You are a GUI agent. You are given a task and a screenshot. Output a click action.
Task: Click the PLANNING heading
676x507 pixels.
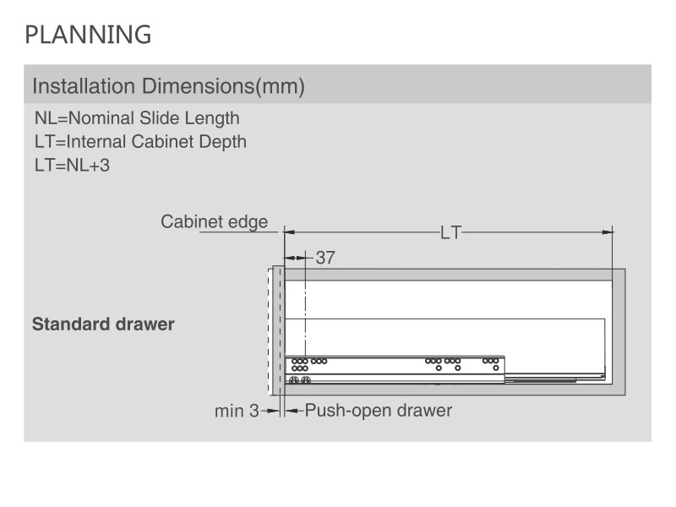point(88,35)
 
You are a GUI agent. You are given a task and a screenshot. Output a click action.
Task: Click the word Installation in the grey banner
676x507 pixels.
point(84,86)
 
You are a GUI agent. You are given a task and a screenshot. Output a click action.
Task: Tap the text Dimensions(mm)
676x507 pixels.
point(223,86)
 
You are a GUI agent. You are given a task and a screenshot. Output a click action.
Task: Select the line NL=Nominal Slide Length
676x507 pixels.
point(137,118)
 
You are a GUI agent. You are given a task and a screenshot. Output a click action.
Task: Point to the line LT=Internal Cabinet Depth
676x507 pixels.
point(140,142)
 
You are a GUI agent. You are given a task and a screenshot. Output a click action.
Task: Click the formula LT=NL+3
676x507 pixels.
point(72,166)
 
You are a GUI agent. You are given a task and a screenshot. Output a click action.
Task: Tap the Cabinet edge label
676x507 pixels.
point(215,222)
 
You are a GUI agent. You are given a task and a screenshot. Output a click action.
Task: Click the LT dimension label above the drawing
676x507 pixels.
point(450,233)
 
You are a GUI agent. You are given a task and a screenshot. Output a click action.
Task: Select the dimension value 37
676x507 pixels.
point(325,258)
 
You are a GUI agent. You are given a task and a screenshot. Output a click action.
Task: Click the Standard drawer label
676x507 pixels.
point(103,324)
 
